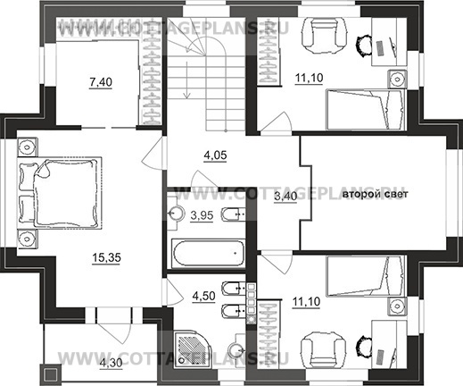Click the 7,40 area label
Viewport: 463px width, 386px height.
pos(101,81)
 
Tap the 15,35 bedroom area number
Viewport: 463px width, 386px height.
pos(106,257)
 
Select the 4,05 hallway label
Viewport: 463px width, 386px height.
pos(215,155)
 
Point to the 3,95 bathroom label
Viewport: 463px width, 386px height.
pos(202,215)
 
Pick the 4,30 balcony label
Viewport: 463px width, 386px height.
pos(111,363)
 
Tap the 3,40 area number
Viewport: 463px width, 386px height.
pos(285,197)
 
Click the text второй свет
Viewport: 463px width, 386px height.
pos(376,194)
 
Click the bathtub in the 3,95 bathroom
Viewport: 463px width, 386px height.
pos(208,253)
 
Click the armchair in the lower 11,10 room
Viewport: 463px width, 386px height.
pos(323,350)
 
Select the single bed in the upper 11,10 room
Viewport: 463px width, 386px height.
pos(366,109)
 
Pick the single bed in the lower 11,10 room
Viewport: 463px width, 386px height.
pos(366,276)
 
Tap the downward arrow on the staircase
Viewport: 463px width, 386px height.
pos(186,80)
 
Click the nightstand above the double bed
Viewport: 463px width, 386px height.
pos(28,147)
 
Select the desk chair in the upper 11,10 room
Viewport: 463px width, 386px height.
pos(364,46)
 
